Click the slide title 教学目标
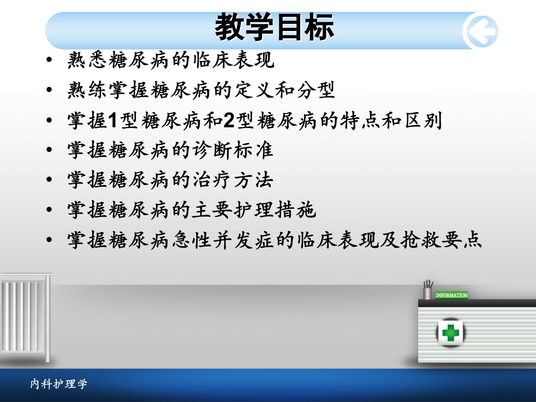pos(274,26)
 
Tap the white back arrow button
pos(480,31)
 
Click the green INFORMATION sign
pos(452,295)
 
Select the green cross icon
pos(450,332)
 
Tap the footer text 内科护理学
pos(58,384)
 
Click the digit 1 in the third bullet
pos(112,120)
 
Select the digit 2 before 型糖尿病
pos(229,120)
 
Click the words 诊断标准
pos(233,150)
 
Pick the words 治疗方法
pos(233,180)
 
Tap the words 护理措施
pos(275,210)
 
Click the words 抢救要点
pos(441,240)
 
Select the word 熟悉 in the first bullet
pos(87,60)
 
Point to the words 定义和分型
pos(284,90)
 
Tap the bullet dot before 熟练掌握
pos(49,90)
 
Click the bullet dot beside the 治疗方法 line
pos(49,180)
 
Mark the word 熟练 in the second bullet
pos(87,90)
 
